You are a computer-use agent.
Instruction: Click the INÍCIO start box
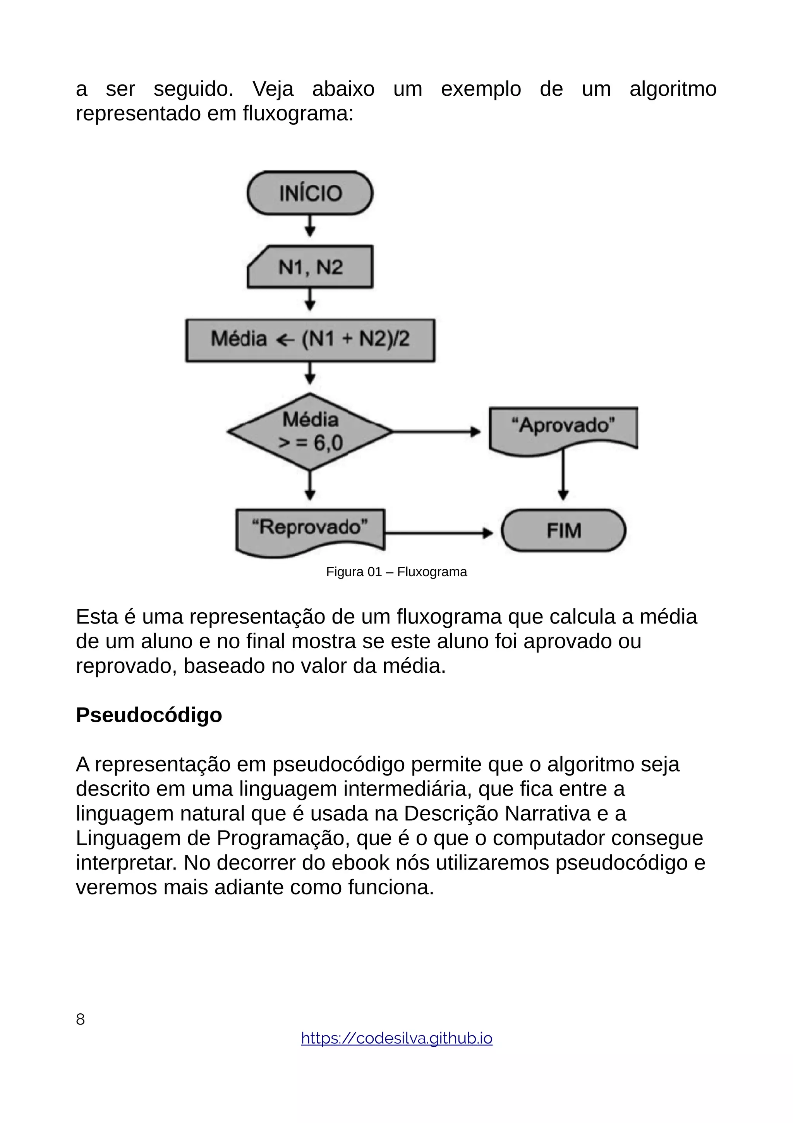click(310, 193)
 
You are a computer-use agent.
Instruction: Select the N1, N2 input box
click(310, 267)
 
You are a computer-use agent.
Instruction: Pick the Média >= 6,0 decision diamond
click(310, 431)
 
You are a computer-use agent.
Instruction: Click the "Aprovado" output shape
click(563, 427)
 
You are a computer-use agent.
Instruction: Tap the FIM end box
click(563, 530)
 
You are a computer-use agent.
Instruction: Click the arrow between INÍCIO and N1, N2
click(309, 226)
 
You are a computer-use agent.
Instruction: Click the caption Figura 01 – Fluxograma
click(396, 572)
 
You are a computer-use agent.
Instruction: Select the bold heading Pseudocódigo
click(149, 715)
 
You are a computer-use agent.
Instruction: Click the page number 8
click(81, 1019)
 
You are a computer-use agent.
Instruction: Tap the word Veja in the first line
click(273, 90)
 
